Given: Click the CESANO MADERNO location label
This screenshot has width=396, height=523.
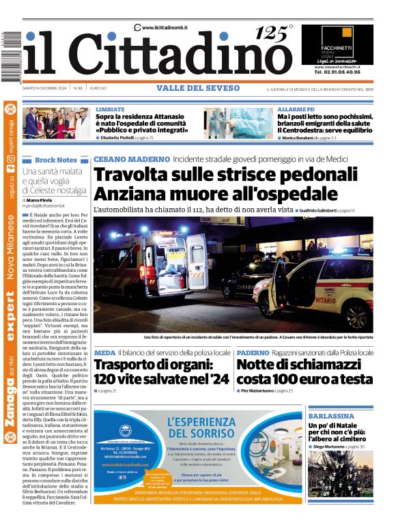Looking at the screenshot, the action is [x=131, y=159].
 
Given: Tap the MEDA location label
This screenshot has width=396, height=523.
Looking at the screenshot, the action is [x=104, y=352].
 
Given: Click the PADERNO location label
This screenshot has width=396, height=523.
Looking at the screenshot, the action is [x=272, y=352].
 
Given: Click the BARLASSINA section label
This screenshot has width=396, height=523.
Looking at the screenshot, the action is [x=330, y=416].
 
